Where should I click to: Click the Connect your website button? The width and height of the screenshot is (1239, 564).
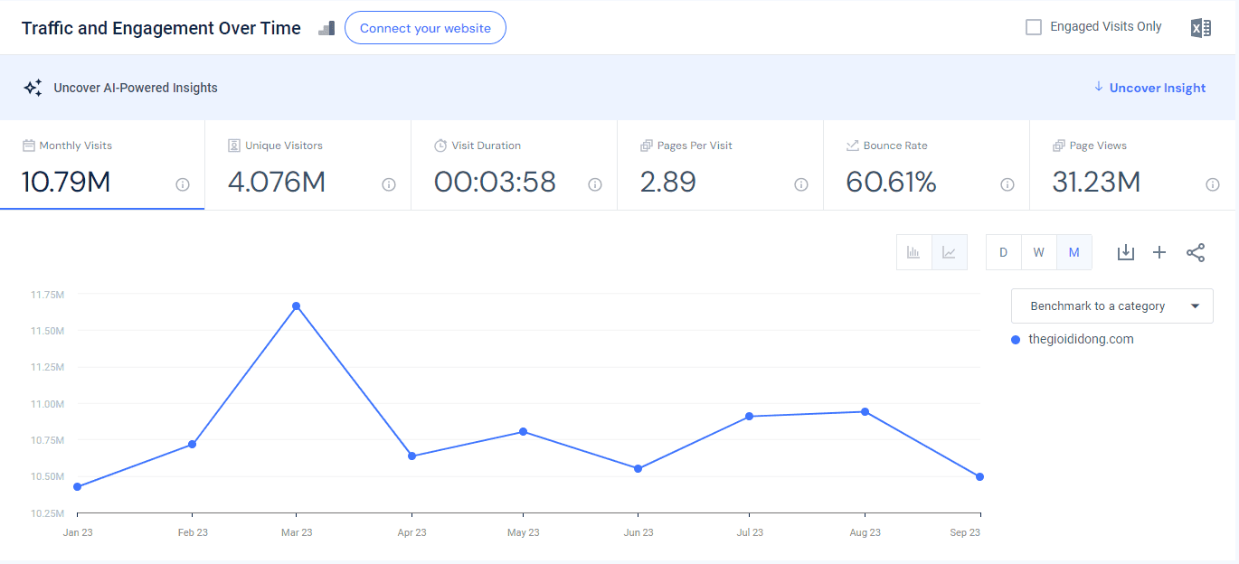[425, 28]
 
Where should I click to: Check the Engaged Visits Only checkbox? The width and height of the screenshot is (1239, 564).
[1033, 27]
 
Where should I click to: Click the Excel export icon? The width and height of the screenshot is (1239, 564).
[1201, 28]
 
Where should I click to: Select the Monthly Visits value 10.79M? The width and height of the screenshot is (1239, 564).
[66, 182]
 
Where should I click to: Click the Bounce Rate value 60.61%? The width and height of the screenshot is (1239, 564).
[891, 182]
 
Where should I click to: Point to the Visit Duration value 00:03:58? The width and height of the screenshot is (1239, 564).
[495, 182]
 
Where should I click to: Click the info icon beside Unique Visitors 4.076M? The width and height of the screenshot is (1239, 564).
[389, 184]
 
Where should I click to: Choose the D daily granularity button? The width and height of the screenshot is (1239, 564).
[1003, 252]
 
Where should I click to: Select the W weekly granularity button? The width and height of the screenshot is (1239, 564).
[1039, 252]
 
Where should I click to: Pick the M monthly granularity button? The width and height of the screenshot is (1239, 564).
[1074, 252]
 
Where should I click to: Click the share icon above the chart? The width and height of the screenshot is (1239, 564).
[1196, 253]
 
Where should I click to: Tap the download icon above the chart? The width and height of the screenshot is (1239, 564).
[1126, 253]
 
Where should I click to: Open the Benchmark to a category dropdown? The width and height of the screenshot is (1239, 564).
[1111, 305]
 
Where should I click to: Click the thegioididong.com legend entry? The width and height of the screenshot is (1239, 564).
[1073, 340]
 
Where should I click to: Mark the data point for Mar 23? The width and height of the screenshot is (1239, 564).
[297, 305]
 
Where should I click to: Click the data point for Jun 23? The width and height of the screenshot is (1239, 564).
[638, 468]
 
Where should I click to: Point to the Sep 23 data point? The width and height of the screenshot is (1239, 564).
[979, 476]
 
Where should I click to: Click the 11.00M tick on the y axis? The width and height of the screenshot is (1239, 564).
[48, 404]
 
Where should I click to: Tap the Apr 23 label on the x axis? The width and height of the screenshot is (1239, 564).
[411, 532]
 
